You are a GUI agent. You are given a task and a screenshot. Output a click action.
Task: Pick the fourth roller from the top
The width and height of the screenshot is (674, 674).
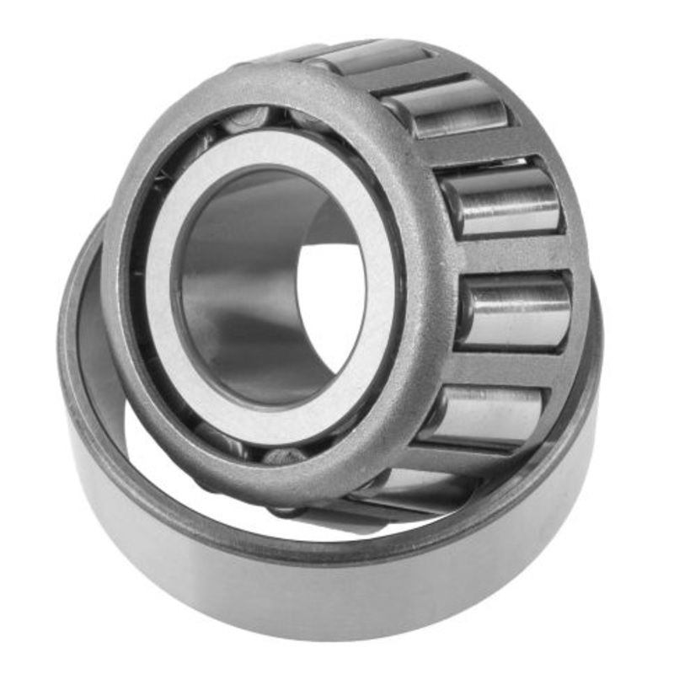pyautogui.click(x=516, y=313)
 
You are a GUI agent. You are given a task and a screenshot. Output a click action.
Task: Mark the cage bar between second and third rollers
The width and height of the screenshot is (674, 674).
pyautogui.click(x=480, y=152)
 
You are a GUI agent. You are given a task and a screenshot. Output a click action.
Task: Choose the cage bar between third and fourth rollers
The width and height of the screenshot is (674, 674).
pyautogui.click(x=514, y=257)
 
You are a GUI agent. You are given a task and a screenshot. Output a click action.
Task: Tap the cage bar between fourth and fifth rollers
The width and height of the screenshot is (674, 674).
pyautogui.click(x=505, y=366)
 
